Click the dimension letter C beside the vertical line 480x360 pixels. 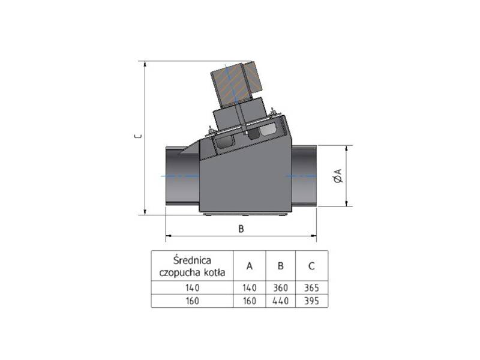(137, 136)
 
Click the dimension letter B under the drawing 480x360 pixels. (241, 228)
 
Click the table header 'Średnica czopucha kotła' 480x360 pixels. (190, 266)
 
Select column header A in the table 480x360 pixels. (250, 266)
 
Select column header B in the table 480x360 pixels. (280, 266)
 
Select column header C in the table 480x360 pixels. (311, 266)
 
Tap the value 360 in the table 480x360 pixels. (280, 287)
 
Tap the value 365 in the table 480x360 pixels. (311, 287)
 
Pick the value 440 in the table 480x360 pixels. (280, 301)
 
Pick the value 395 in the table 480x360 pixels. (311, 301)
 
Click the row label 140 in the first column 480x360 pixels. (190, 287)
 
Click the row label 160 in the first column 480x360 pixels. (190, 301)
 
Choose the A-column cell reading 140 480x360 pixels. (250, 287)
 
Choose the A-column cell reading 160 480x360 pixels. (250, 301)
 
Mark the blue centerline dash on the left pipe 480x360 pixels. (172, 176)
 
